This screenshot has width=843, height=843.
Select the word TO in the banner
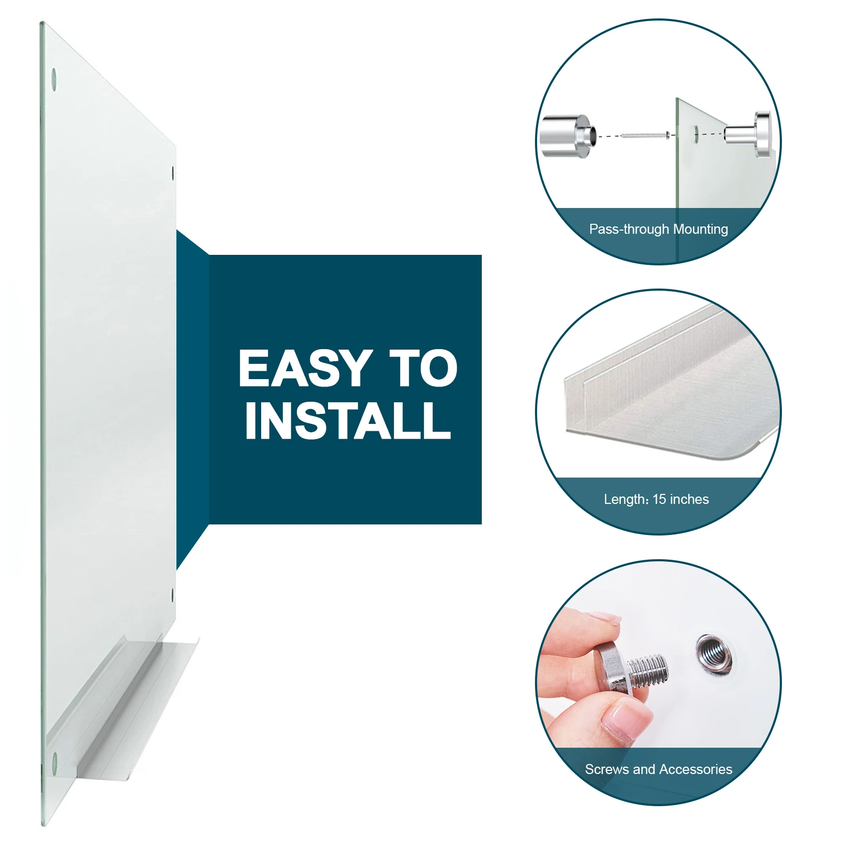[x=423, y=368]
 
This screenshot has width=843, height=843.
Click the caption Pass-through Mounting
[x=658, y=229]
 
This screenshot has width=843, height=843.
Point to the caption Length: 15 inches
[x=656, y=499]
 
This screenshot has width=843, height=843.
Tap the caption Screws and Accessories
[x=658, y=769]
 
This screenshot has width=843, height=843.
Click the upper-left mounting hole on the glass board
[x=54, y=79]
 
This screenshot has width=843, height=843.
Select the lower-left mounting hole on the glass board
[x=54, y=765]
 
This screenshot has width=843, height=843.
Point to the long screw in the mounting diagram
[x=645, y=135]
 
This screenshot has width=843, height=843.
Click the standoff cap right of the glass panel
[x=748, y=135]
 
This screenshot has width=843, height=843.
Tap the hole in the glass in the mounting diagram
[x=696, y=134]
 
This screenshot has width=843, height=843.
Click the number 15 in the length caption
[x=659, y=499]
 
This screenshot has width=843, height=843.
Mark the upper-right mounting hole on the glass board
[x=173, y=173]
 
